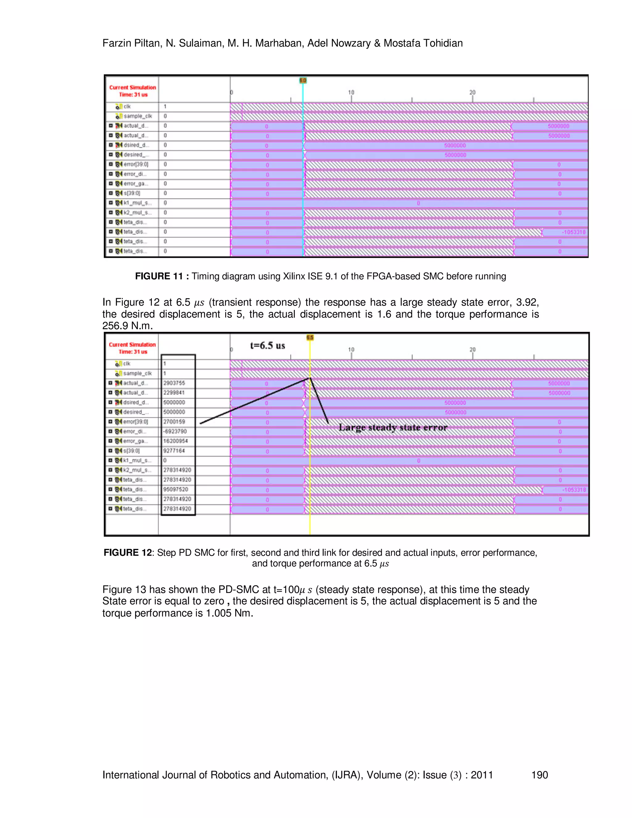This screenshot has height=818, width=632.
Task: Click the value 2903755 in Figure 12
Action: (x=174, y=383)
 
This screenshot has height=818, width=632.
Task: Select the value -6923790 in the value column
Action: (x=175, y=431)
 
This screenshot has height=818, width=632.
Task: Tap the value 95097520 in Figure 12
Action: (x=176, y=489)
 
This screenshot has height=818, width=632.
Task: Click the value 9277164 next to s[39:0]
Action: (x=174, y=451)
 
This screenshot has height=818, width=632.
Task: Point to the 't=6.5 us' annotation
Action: (x=267, y=345)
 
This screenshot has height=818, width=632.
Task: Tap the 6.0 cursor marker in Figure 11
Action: (x=303, y=80)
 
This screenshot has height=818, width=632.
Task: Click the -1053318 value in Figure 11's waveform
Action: (x=573, y=232)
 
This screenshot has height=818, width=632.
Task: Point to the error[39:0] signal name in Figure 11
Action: (x=135, y=165)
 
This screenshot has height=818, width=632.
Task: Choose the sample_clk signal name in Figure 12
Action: (x=137, y=374)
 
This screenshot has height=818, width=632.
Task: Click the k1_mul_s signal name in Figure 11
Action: (x=137, y=203)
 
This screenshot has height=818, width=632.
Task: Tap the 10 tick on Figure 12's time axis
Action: (x=351, y=349)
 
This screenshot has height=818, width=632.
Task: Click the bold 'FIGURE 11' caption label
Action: (x=159, y=276)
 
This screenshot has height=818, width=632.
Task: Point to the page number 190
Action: (x=539, y=775)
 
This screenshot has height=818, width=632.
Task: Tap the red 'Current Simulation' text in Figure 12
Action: (x=132, y=344)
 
